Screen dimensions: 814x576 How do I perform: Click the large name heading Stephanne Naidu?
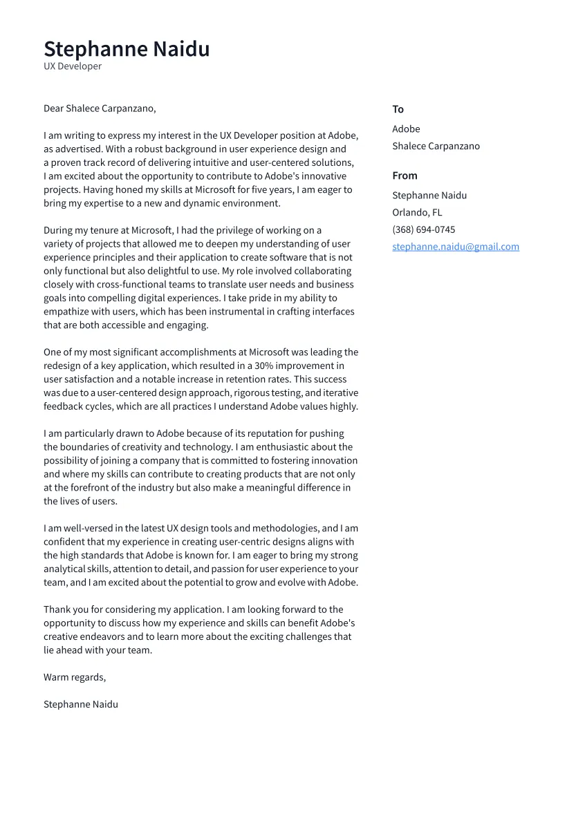point(127,49)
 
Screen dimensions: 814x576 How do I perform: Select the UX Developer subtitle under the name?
point(73,66)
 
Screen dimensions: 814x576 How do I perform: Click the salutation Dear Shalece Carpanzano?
point(100,108)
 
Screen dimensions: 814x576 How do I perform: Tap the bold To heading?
point(398,109)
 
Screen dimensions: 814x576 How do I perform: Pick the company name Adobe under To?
point(406,129)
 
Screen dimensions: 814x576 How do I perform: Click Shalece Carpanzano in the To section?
point(436,146)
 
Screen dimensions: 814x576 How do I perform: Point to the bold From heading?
point(405,176)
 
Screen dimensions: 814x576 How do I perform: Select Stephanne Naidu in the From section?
point(429,196)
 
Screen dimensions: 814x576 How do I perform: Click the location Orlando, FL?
point(417,213)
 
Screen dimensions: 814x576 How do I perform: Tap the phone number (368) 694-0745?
point(423,230)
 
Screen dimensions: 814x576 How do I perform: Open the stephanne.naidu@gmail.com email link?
point(456,247)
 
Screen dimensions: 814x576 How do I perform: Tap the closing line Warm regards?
point(75,677)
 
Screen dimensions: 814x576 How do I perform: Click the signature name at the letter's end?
point(81,704)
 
